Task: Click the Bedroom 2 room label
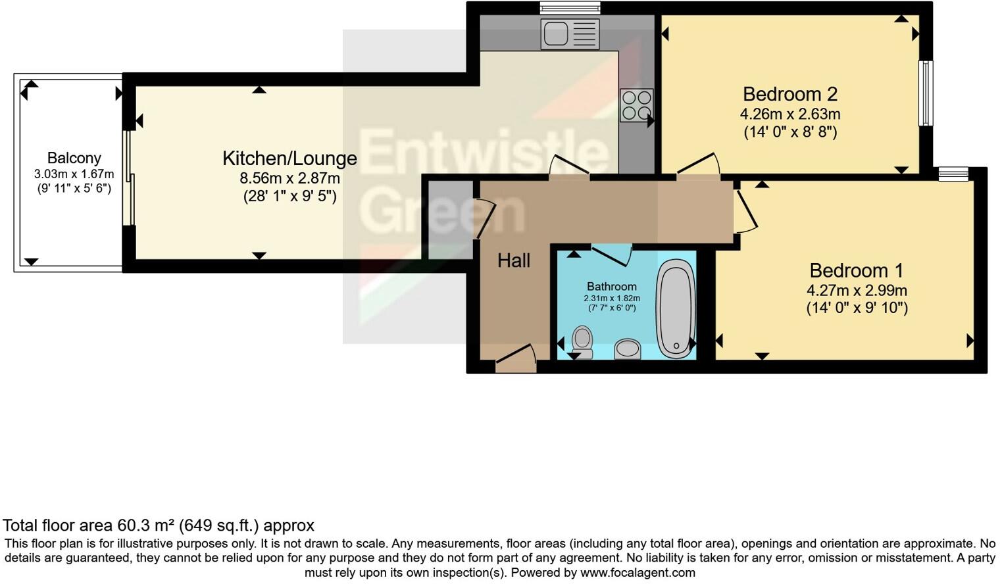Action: pos(789,94)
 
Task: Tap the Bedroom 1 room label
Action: pos(856,270)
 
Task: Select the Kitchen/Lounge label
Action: pos(289,158)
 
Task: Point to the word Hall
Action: pos(514,261)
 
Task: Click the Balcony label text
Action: pos(74,158)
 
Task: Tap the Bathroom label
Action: pos(611,286)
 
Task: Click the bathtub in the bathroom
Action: pos(676,308)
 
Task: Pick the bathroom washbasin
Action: pos(628,349)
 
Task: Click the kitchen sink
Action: pos(570,34)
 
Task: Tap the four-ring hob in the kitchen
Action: pos(636,105)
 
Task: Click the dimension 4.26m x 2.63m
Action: pos(789,114)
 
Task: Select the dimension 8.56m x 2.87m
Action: pos(289,178)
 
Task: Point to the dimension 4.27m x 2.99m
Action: pos(857,290)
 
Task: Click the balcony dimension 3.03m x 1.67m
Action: pos(74,174)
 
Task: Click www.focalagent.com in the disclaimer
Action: pos(637,573)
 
